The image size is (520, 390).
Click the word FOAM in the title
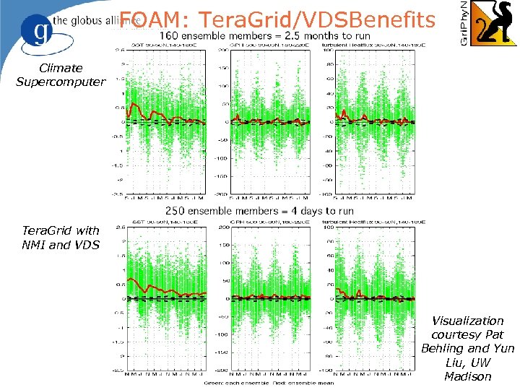coord(144,19)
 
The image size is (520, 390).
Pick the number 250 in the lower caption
coord(179,211)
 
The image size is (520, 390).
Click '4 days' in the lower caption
coord(305,211)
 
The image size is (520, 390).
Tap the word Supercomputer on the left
coord(61,82)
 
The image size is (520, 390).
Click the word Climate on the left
coord(61,69)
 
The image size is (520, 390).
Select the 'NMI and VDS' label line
coord(61,244)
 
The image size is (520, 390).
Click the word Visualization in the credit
coord(467,321)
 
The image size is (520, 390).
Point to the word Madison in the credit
coord(467,376)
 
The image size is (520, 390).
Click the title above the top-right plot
coord(375,45)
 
